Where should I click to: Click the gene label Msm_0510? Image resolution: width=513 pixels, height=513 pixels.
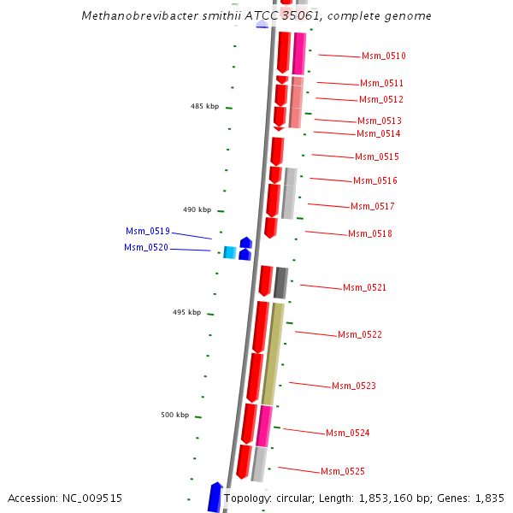coord(383,56)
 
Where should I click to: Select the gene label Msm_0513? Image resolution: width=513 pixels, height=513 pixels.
coord(379,121)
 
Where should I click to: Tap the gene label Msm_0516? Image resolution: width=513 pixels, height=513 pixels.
coord(374,181)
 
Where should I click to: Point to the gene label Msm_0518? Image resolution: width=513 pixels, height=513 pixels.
coord(369,234)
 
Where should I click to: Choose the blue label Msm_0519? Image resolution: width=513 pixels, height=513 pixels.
coord(148,232)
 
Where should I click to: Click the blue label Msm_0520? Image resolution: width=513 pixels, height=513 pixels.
coord(146,248)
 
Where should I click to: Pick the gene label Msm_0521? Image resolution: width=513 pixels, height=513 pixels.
coord(364,288)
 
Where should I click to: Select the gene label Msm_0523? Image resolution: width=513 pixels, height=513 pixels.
coord(353,386)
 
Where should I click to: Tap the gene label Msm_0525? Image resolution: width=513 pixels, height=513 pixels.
coord(342,472)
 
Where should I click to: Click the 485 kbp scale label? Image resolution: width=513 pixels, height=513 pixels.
coord(204,107)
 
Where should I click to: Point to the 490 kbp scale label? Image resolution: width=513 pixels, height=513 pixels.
coord(197,209)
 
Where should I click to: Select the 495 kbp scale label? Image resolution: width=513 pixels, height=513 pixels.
coord(186,313)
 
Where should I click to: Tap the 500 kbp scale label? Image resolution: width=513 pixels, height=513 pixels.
coord(175,416)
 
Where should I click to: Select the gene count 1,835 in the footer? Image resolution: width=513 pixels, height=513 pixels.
coord(490,498)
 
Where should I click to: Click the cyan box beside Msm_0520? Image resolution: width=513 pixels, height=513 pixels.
coord(229,252)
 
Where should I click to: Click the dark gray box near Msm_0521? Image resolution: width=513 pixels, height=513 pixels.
coord(280,283)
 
